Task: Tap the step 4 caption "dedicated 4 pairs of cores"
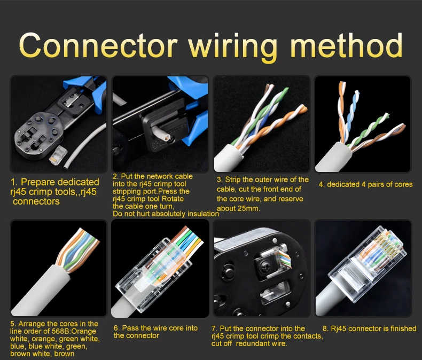click(365, 185)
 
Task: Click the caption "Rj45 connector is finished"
click(369, 328)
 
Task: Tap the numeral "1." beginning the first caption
click(14, 182)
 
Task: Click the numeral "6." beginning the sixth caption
click(117, 328)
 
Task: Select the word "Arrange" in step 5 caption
click(32, 324)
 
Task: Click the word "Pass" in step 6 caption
click(130, 328)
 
